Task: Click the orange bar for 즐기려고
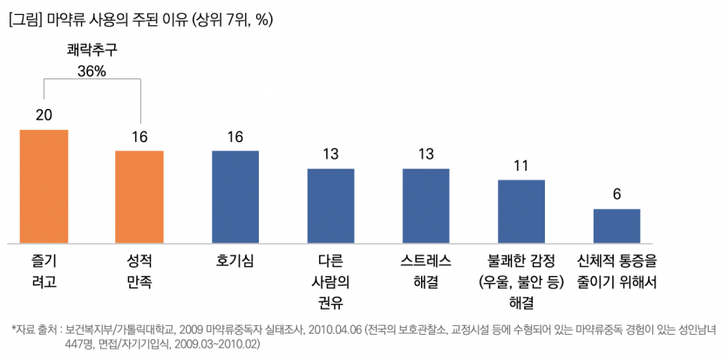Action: click(44, 186)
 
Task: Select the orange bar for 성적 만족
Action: click(139, 196)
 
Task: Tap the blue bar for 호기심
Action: click(235, 196)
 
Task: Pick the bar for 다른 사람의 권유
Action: click(330, 205)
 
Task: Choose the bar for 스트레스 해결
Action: click(425, 205)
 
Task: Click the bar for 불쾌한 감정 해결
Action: click(520, 211)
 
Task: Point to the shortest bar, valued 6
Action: click(616, 226)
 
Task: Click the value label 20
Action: click(44, 115)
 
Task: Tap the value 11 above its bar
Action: click(520, 166)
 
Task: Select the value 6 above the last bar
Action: click(616, 194)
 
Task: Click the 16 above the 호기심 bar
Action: click(235, 137)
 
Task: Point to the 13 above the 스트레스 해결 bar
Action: click(425, 154)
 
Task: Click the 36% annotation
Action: click(92, 71)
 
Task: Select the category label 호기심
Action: click(235, 261)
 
